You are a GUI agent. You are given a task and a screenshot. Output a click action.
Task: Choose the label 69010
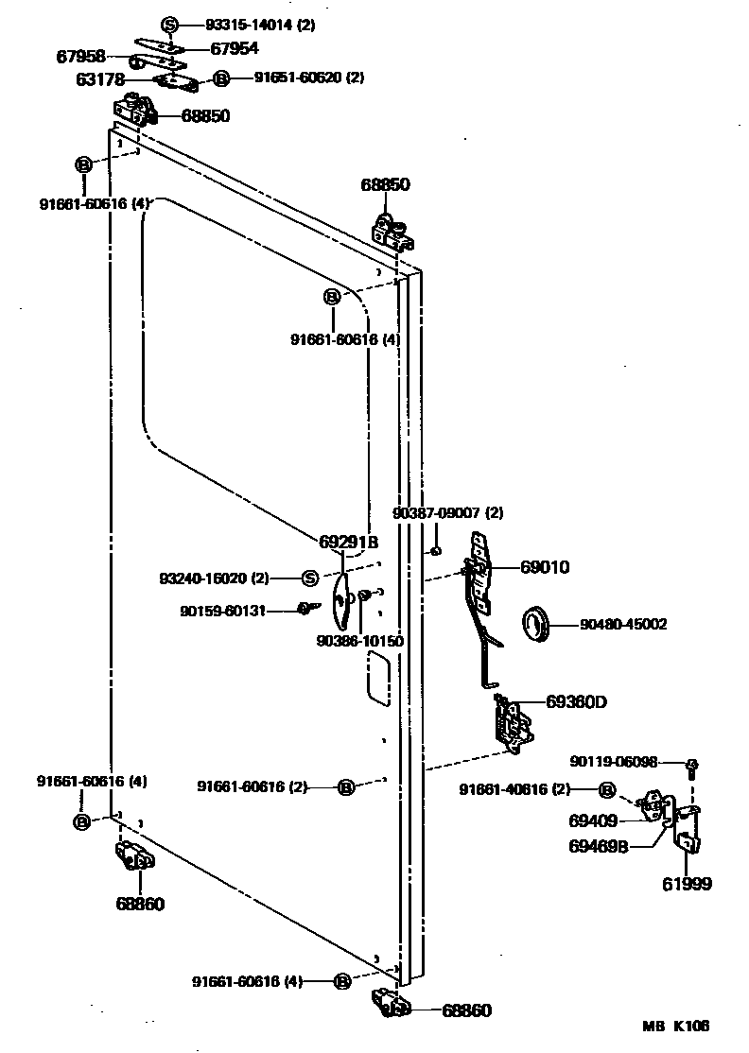[x=544, y=568]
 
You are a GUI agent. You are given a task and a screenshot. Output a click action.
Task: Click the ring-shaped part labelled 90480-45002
[x=536, y=625]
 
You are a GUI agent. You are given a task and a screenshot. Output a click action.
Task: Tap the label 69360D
[x=575, y=701]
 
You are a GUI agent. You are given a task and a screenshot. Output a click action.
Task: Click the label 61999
[x=686, y=884]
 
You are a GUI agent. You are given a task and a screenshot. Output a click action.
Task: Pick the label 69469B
[x=601, y=846]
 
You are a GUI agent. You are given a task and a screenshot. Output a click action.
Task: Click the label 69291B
[x=348, y=543]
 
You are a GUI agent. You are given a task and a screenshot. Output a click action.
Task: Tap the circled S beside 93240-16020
[x=309, y=578]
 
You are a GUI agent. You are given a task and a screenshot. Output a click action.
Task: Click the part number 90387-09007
[x=447, y=513]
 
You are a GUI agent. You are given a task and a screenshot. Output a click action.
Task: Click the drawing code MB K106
[x=676, y=1026]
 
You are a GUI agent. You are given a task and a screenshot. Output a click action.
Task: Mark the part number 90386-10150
[x=359, y=641]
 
